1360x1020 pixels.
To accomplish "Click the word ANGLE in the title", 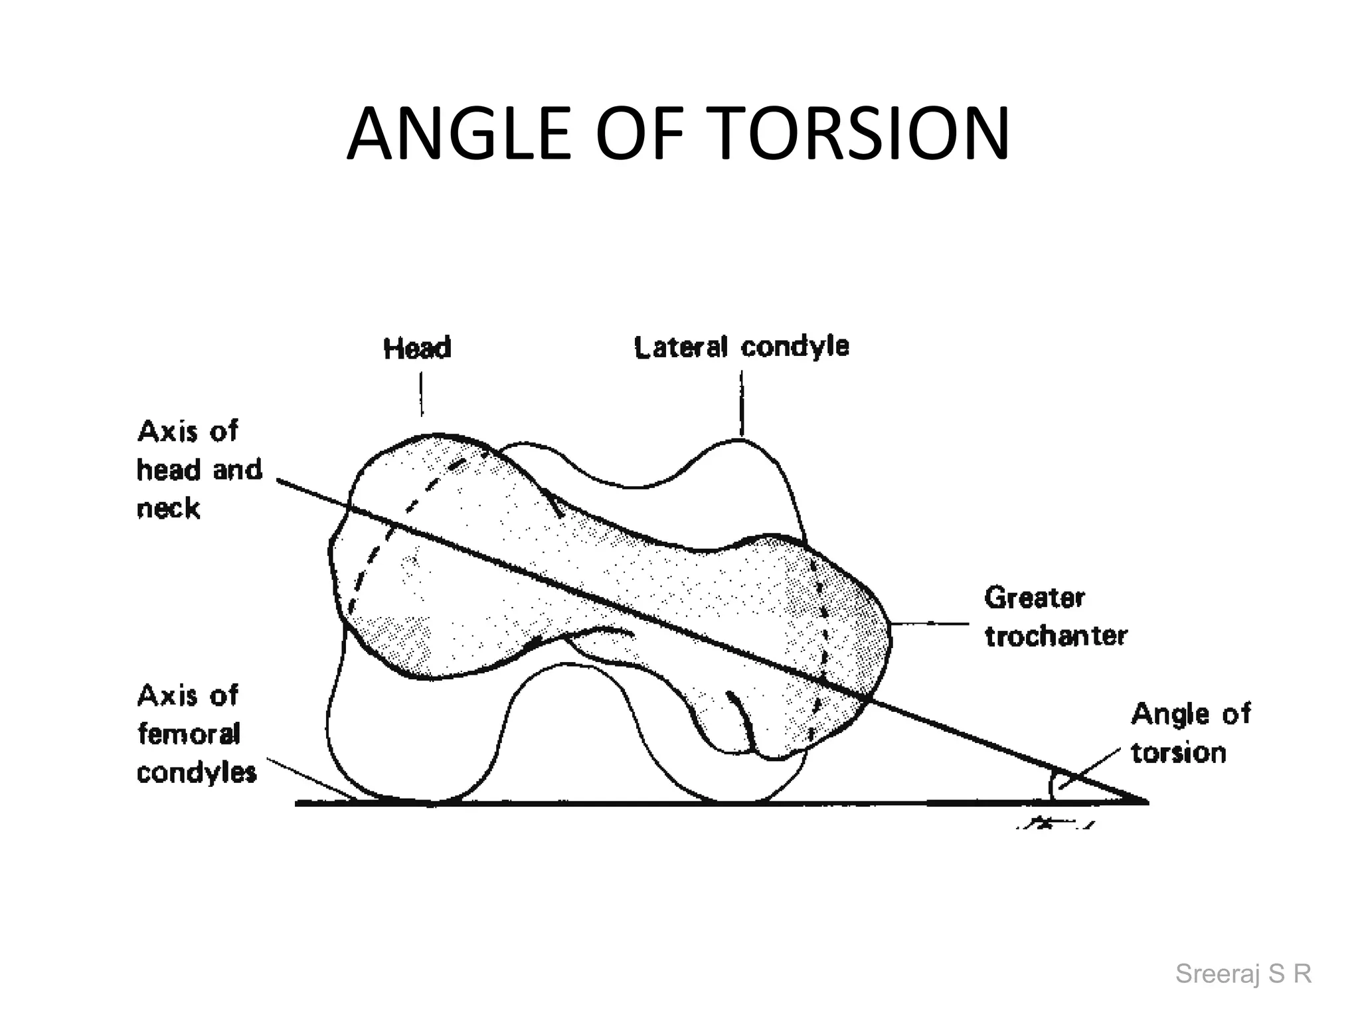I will pyautogui.click(x=458, y=134).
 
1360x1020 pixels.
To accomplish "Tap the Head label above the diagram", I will pyautogui.click(x=417, y=348).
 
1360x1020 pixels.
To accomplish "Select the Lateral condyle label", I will pyautogui.click(x=741, y=347).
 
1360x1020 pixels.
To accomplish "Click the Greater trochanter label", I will pyautogui.click(x=1055, y=616).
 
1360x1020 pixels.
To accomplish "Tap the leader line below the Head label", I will pyautogui.click(x=421, y=394).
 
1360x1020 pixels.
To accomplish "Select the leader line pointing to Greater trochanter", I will pyautogui.click(x=930, y=623).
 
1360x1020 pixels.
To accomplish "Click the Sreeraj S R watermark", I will pyautogui.click(x=1243, y=974).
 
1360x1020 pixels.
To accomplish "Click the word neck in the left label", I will pyautogui.click(x=168, y=509).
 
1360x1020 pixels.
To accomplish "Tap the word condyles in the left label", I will pyautogui.click(x=197, y=773).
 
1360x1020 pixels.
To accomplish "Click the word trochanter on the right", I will pyautogui.click(x=1056, y=636).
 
